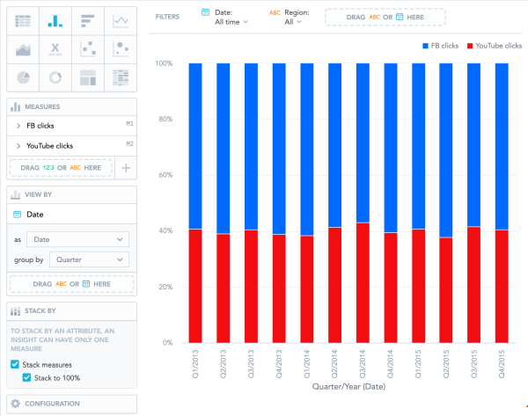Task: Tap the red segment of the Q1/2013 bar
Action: coord(195,286)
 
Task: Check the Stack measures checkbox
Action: coord(14,364)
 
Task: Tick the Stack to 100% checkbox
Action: coord(27,378)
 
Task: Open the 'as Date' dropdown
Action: coord(77,238)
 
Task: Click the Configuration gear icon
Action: coord(15,404)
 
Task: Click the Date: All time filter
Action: coord(233,17)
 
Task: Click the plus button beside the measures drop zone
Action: coord(126,167)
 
